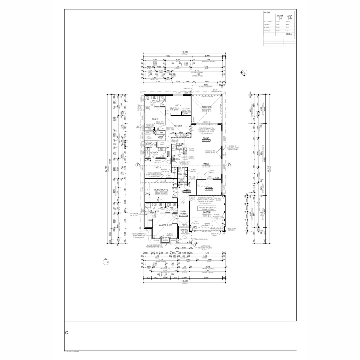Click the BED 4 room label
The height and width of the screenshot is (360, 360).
coord(178,105)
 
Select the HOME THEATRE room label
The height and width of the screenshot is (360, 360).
coord(161,190)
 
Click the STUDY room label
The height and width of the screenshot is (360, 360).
coord(209,187)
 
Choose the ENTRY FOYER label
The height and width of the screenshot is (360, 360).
coord(183,213)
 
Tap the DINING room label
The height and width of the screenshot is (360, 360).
coord(206,138)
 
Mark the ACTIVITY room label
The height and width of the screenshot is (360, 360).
coord(178,126)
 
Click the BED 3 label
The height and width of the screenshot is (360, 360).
coord(155,119)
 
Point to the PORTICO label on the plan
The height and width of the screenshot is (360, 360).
coord(184,230)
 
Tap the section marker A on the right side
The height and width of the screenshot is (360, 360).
coord(229,165)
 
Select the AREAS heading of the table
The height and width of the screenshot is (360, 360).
coord(267,12)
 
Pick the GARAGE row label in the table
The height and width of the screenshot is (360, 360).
coord(267,24)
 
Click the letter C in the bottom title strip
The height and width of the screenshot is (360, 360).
coord(67,333)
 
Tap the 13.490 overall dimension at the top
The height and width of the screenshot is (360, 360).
coord(184,52)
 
